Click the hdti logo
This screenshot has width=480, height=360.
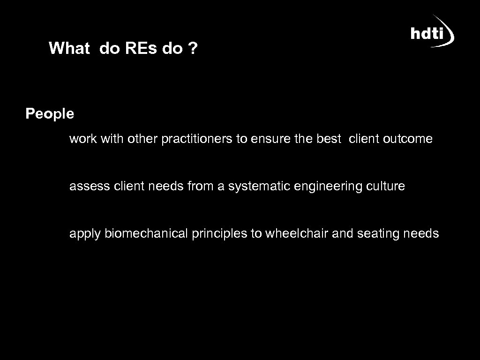coord(432,32)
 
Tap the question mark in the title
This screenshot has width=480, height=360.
coord(193,48)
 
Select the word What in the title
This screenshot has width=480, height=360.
coord(69,48)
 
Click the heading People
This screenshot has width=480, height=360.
coord(50,114)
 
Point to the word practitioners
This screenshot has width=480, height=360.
coord(197,139)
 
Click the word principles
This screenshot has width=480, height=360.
coord(219,233)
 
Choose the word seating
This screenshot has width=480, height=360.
coord(378,233)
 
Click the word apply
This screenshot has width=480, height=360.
coord(85,233)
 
